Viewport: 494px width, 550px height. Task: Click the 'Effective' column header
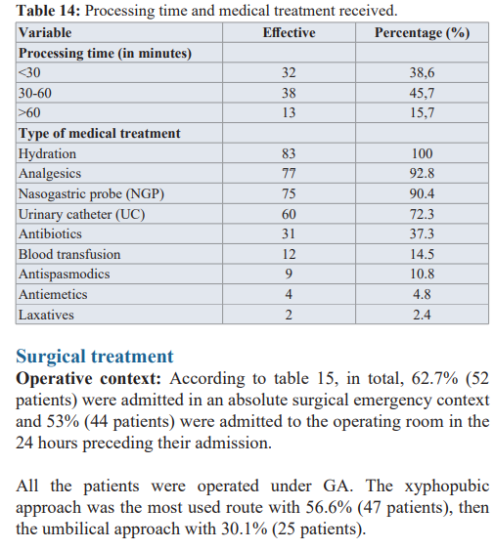click(x=289, y=32)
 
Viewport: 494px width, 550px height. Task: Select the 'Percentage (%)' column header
click(x=422, y=32)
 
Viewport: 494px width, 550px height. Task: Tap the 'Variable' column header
click(x=45, y=32)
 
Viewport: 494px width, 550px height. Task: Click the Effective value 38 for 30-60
click(x=289, y=93)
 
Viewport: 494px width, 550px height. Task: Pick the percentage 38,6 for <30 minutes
click(x=422, y=72)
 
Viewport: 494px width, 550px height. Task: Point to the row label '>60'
click(x=29, y=112)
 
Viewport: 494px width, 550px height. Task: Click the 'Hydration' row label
click(x=47, y=153)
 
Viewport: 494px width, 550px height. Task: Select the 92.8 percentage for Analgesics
click(x=422, y=173)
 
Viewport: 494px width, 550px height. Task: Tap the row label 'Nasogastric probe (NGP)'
click(x=91, y=193)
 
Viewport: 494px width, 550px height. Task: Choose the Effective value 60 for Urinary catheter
click(x=289, y=214)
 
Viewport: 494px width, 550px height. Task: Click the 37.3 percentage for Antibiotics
click(x=422, y=233)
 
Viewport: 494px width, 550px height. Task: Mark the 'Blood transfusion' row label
click(x=69, y=254)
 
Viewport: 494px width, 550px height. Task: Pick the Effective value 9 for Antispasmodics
click(x=289, y=274)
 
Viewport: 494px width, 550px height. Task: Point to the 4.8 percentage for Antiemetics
click(x=422, y=294)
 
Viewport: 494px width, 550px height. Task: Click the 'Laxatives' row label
click(x=46, y=315)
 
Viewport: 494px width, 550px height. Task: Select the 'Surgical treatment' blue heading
click(x=95, y=357)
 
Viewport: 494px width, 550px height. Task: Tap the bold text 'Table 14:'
click(x=49, y=11)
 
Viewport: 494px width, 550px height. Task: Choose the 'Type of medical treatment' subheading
click(x=100, y=133)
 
